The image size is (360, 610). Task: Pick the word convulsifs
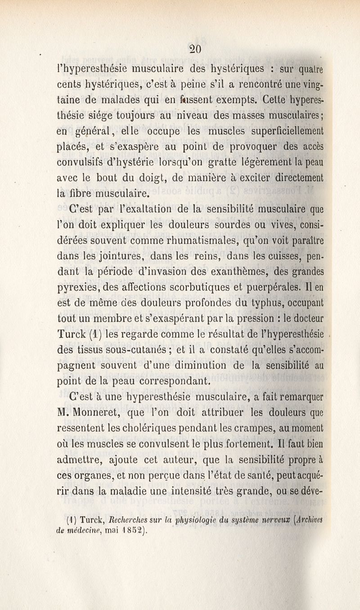tap(87, 166)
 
